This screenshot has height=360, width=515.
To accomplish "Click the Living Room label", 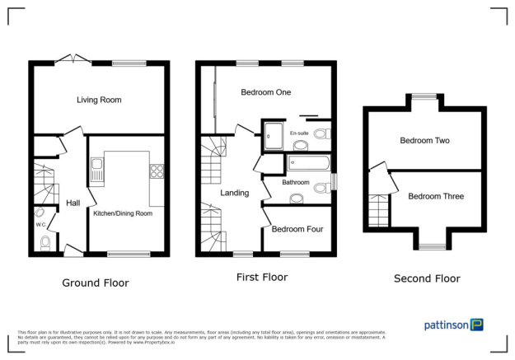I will (x=100, y=100).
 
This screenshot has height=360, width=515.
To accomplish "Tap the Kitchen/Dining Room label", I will (x=124, y=213).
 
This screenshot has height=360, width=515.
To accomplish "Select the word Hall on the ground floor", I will (x=73, y=203).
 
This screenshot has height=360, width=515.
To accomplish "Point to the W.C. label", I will (x=40, y=223).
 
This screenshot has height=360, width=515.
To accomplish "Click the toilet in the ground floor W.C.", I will (x=46, y=242).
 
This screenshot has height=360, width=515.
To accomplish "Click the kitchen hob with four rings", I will (x=155, y=171).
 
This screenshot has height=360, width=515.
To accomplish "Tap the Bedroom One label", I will (x=266, y=92).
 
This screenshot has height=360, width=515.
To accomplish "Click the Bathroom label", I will (x=296, y=182).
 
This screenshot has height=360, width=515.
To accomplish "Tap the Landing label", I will (x=235, y=193).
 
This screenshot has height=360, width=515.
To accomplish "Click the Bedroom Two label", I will (x=424, y=141).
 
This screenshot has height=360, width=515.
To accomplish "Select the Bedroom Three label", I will (x=436, y=196).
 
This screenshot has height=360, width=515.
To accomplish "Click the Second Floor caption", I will (x=427, y=278).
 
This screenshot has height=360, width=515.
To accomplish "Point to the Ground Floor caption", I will (x=96, y=283).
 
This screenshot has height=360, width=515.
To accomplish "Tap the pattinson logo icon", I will (x=477, y=325).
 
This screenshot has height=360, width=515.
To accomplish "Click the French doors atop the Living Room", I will (x=70, y=58).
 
